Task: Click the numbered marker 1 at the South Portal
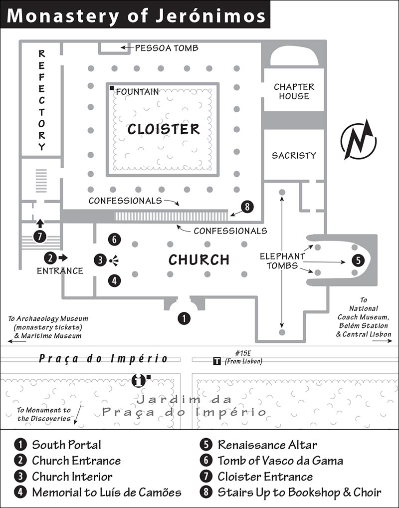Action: click(184, 318)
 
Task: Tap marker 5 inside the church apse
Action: click(358, 260)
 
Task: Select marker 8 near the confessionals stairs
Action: click(247, 207)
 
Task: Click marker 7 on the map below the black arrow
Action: click(40, 236)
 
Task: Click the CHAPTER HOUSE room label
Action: click(294, 91)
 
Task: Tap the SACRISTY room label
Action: click(294, 156)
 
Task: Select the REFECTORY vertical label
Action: click(41, 100)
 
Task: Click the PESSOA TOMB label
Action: click(167, 48)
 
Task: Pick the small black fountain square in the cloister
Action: click(111, 88)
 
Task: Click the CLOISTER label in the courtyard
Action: click(164, 129)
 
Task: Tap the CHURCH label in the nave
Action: click(199, 259)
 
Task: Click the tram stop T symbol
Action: click(217, 361)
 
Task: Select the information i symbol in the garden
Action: click(138, 380)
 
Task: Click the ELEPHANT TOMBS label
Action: click(282, 261)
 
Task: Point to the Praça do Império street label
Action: click(103, 359)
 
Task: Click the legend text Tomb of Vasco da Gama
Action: click(280, 461)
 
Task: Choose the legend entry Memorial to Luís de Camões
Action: click(107, 492)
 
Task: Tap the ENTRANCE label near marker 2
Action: click(60, 271)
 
